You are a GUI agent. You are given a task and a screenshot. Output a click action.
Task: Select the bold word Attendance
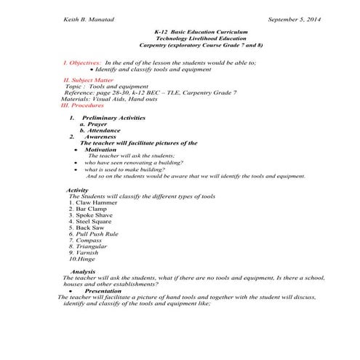pyautogui.click(x=104, y=130)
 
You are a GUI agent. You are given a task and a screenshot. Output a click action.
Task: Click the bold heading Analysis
pyautogui.click(x=83, y=271)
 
